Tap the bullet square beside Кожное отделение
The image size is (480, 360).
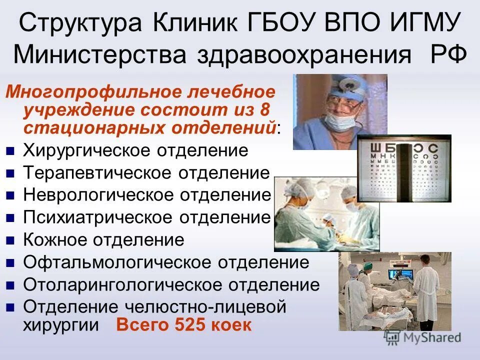(x=11, y=240)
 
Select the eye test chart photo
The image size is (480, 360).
(x=404, y=168)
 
